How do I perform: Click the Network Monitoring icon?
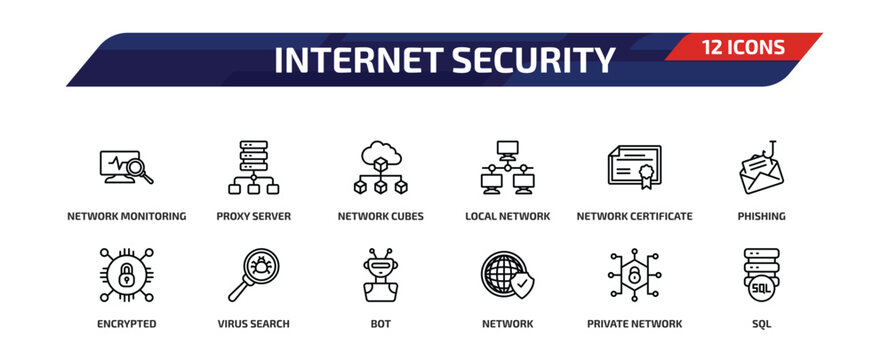tap(126, 167)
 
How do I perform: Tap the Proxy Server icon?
tap(253, 167)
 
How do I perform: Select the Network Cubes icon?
tap(380, 167)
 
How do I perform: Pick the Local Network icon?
tap(507, 167)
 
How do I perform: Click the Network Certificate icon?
tap(634, 167)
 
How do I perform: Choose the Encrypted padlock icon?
tap(126, 275)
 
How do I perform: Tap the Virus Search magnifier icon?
tap(253, 275)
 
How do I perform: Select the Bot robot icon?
tap(380, 275)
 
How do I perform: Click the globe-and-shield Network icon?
tap(507, 275)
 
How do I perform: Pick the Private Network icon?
tap(634, 275)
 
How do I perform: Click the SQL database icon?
tap(761, 275)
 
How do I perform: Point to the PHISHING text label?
tap(761, 216)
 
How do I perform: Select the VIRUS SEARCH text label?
tap(253, 324)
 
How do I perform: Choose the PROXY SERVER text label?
tap(253, 216)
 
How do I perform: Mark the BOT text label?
tap(380, 324)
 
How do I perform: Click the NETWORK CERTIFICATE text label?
tap(634, 216)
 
